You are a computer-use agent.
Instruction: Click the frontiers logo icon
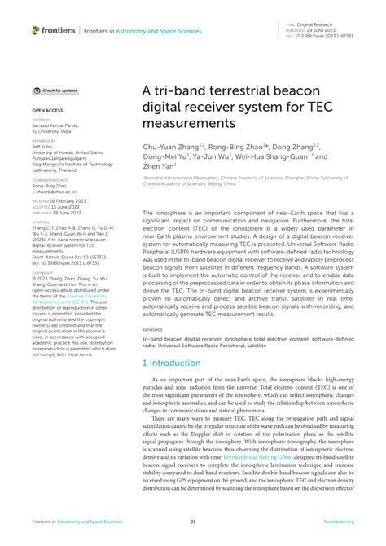point(35,30)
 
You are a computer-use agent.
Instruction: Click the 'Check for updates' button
point(56,90)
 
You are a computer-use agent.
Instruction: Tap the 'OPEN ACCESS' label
point(46,108)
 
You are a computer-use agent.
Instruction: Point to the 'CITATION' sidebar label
point(40,220)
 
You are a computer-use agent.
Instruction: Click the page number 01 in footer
point(193,522)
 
